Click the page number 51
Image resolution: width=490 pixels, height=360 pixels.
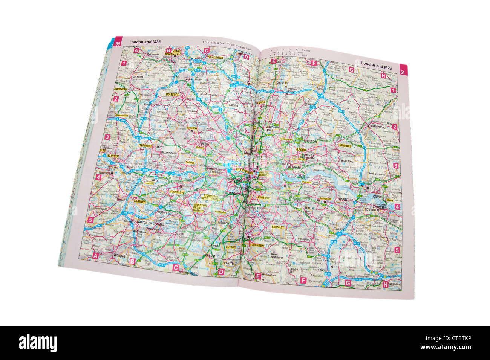click(x=403, y=72)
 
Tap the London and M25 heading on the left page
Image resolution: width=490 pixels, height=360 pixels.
click(x=145, y=42)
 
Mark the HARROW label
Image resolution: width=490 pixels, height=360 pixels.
click(x=192, y=128)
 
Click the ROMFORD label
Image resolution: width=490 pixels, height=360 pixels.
click(x=345, y=146)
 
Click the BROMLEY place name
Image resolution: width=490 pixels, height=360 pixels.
click(x=277, y=227)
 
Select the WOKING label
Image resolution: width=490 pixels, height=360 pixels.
click(x=119, y=256)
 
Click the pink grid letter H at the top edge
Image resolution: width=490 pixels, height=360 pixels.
click(x=383, y=76)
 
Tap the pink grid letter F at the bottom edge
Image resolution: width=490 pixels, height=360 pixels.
click(x=303, y=280)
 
